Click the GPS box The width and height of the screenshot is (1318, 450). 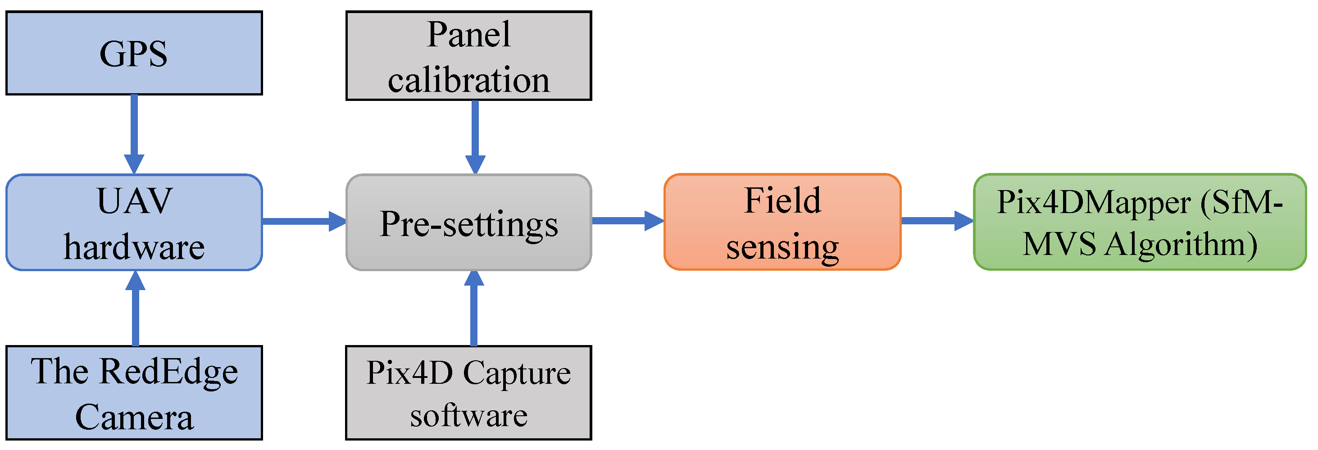click(134, 53)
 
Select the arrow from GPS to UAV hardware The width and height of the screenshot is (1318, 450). click(134, 133)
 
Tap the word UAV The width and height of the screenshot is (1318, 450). click(134, 201)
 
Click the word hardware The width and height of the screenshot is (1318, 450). click(134, 247)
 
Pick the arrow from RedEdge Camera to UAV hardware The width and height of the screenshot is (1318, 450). click(135, 309)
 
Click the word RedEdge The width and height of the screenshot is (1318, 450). click(168, 372)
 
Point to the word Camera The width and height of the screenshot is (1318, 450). click(134, 417)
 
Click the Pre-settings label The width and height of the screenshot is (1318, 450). click(468, 224)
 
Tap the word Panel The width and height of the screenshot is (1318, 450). click(468, 35)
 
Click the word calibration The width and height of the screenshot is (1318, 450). click(468, 80)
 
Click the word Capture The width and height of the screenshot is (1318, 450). click(517, 373)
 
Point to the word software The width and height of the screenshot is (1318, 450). click(468, 415)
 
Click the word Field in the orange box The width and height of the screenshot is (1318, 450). click(782, 200)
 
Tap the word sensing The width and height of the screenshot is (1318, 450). click(782, 247)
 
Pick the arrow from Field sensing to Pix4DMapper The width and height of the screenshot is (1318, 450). click(936, 221)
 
